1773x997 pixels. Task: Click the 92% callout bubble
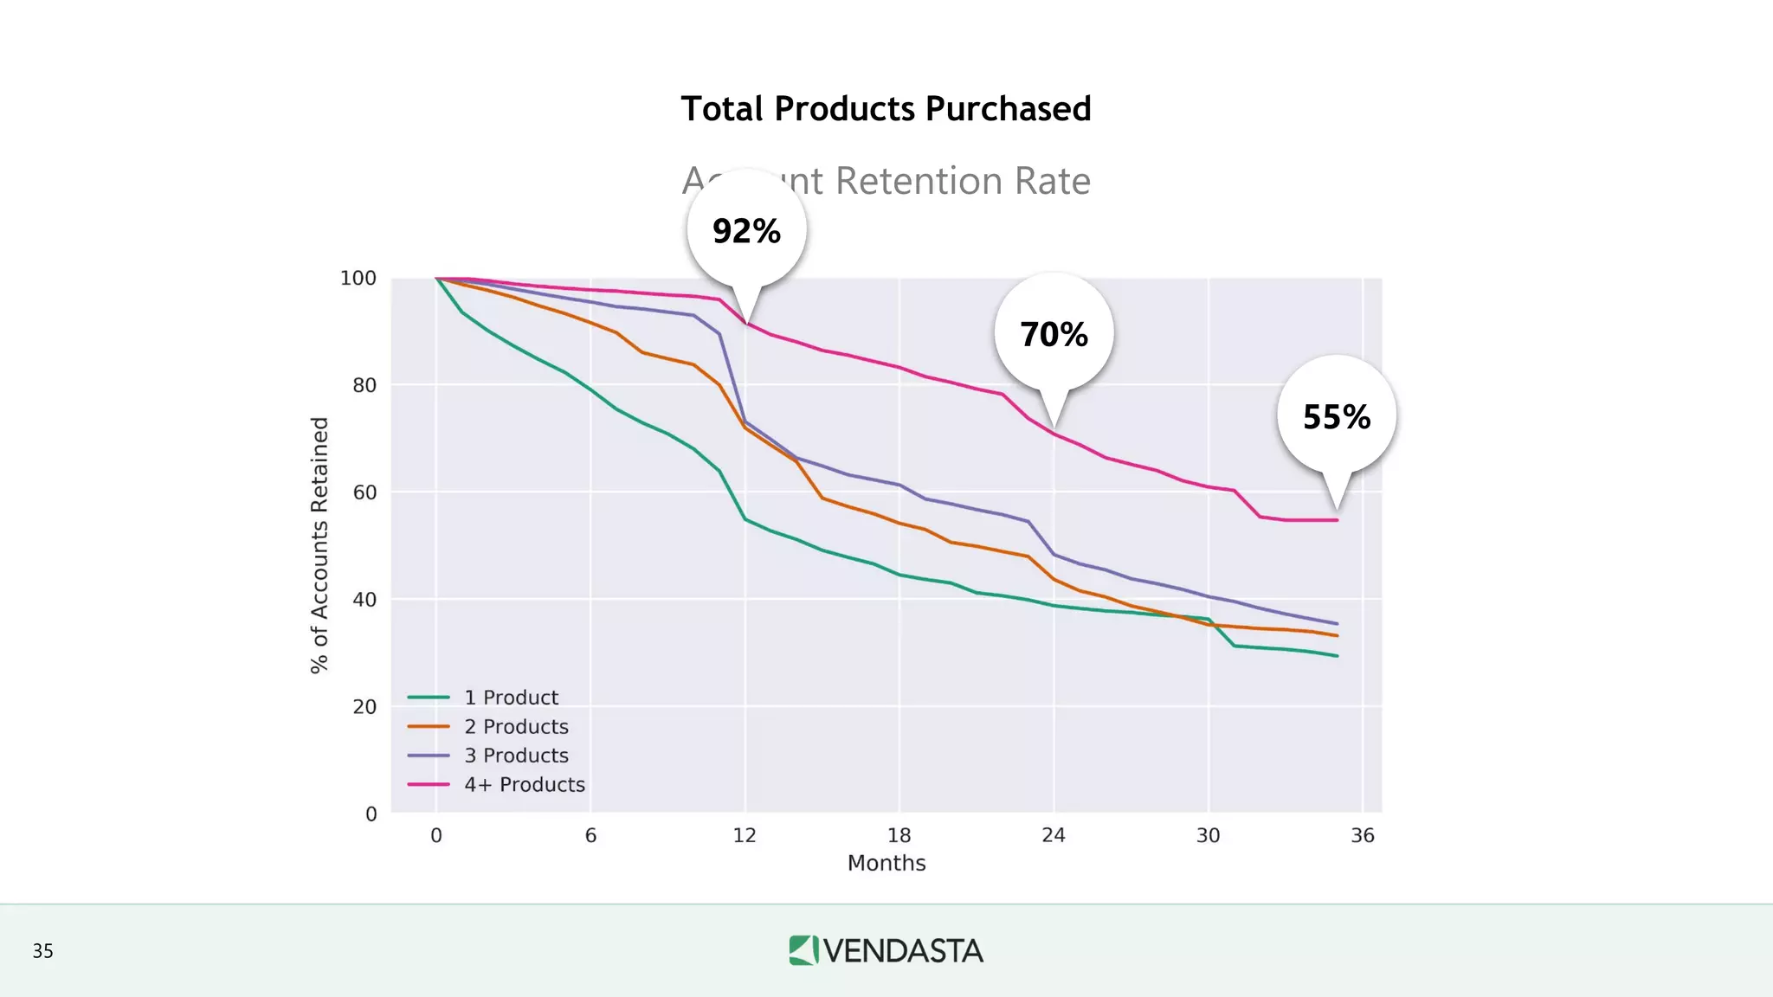[746, 231]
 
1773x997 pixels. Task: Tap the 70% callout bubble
[1054, 334]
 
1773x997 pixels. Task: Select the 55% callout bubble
[1337, 416]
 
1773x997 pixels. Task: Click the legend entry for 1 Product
[510, 698]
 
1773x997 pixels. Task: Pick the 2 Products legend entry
[515, 727]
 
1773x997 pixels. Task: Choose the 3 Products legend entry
[515, 756]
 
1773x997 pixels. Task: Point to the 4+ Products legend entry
[524, 785]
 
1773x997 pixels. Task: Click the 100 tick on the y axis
[358, 279]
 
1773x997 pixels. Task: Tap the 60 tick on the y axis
[364, 492]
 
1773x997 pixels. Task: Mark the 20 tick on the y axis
[364, 707]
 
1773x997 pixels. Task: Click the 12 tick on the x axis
[745, 835]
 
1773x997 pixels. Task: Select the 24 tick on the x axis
[1054, 835]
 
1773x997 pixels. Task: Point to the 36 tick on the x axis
[1363, 835]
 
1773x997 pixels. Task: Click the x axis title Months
[886, 864]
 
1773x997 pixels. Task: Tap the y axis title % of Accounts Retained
[319, 545]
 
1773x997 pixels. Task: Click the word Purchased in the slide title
[1008, 109]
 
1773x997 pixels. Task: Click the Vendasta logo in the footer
[886, 950]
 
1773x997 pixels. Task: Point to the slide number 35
[42, 951]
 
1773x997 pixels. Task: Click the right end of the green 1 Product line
[1336, 655]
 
